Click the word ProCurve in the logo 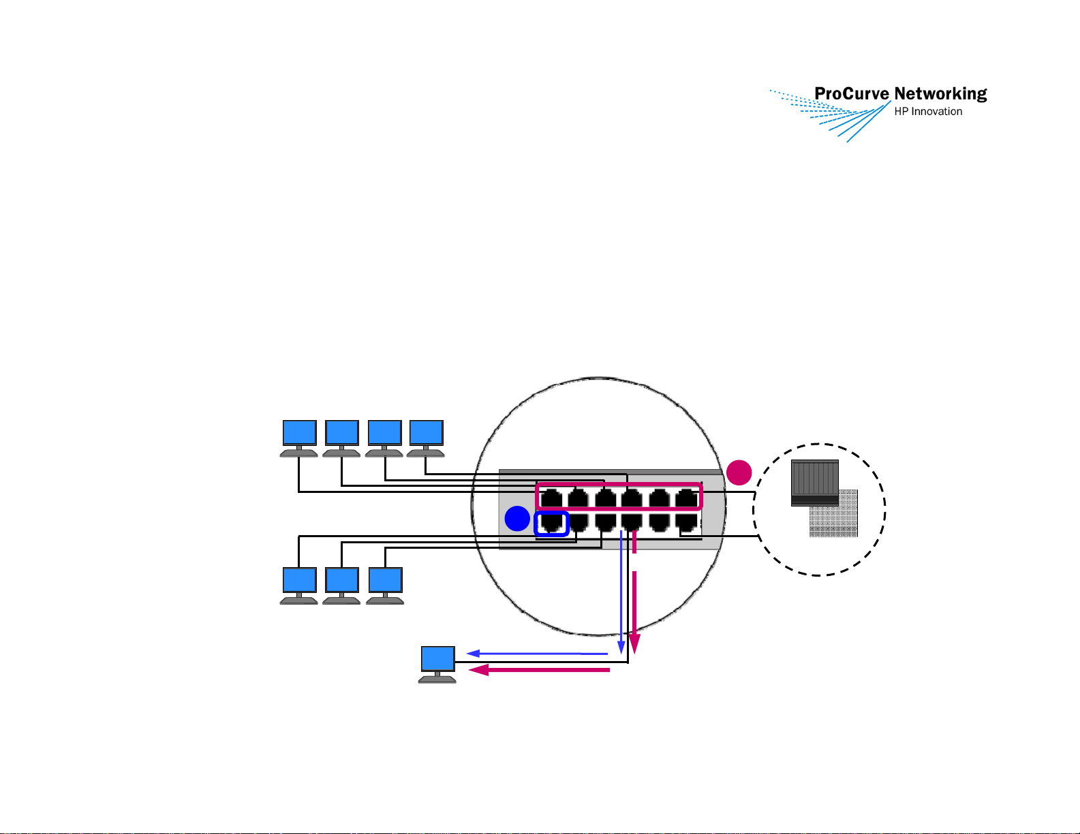pos(851,93)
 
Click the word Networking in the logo pos(941,95)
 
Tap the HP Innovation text pos(928,112)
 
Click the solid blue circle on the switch pos(517,518)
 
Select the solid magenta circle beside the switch pos(739,472)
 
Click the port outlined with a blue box pos(551,524)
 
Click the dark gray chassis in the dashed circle pos(814,483)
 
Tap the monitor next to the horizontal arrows pos(437,664)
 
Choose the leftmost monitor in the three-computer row pos(298,586)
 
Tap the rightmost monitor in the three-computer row pos(385,586)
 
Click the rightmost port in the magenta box pos(686,498)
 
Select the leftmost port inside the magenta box pos(551,498)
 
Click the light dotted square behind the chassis pos(833,513)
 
